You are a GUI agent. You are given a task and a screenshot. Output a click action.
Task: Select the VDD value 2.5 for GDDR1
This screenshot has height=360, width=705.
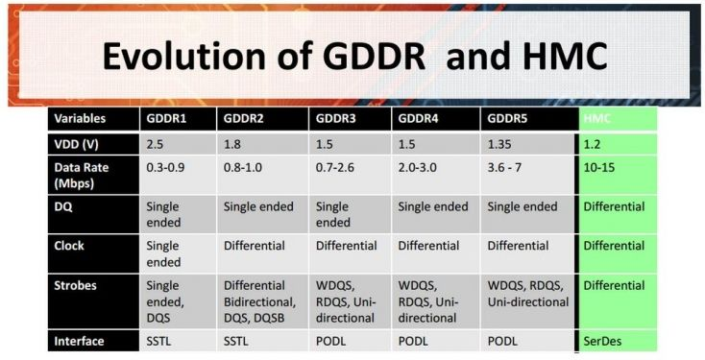[x=156, y=143]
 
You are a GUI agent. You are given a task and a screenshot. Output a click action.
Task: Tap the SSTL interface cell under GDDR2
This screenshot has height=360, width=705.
[x=238, y=341]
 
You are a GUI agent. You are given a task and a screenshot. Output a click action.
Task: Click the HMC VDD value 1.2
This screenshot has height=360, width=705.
[x=593, y=143]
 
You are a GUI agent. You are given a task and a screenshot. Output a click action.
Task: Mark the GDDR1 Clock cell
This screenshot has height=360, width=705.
[x=163, y=253]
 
